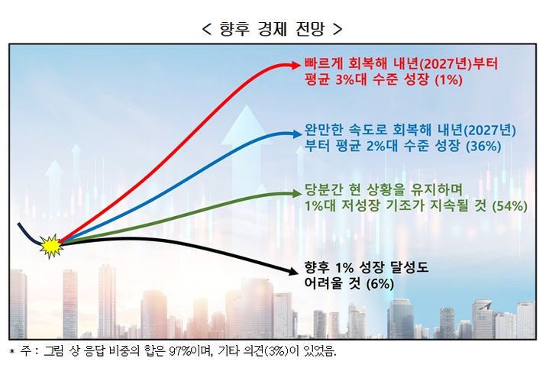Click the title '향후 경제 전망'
[273, 30]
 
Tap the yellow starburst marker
[50, 246]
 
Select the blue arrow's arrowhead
[294, 134]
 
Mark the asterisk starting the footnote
[11, 353]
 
